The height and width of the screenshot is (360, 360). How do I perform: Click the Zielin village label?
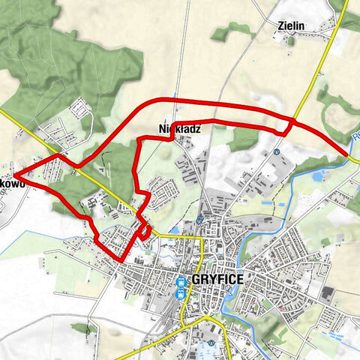[291, 25]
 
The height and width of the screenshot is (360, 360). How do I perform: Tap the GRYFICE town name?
[217, 279]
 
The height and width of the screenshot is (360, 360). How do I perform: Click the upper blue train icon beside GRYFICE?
[181, 282]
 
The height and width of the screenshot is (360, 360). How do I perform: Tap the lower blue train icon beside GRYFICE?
[180, 293]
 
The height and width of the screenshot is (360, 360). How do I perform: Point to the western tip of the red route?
[16, 178]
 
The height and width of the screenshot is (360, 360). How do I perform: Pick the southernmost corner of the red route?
[120, 259]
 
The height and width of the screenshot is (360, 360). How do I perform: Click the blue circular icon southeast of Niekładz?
[276, 151]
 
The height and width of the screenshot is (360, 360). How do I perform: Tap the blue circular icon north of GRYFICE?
[200, 219]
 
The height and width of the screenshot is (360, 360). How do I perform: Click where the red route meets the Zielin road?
[293, 119]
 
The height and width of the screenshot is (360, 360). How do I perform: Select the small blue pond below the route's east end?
[322, 175]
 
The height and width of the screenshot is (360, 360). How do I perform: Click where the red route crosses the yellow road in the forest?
[81, 163]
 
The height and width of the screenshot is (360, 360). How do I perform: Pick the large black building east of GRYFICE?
[329, 292]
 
